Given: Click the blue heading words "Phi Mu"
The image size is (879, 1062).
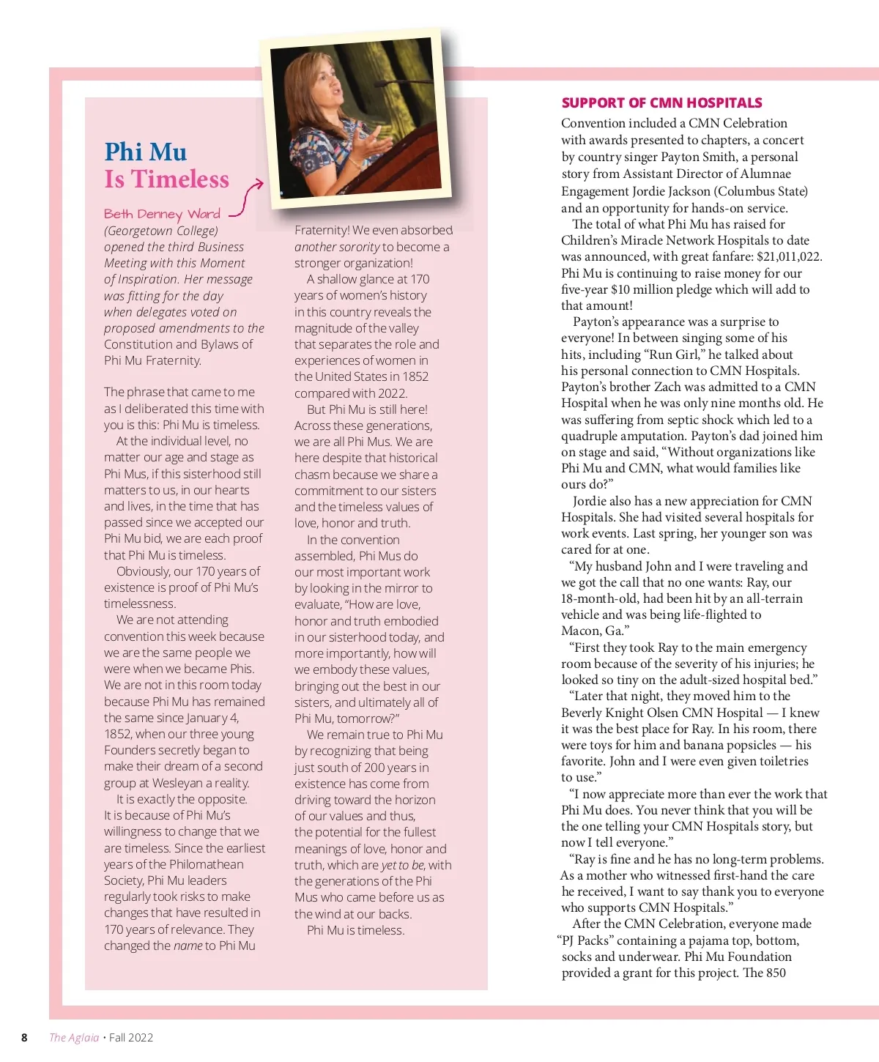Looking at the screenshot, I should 145,152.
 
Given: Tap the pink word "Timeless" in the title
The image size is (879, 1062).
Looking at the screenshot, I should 180,179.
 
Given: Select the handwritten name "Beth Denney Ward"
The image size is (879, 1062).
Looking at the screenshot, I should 162,214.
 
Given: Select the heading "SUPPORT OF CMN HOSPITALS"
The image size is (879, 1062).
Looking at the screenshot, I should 661,103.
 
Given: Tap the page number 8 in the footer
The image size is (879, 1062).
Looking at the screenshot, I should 24,1037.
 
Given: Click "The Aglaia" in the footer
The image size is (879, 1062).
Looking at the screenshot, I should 74,1037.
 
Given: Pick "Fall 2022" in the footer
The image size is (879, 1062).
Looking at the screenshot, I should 131,1037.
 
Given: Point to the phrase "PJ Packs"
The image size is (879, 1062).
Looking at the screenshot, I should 584,940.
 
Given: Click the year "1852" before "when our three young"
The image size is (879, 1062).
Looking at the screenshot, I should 117,734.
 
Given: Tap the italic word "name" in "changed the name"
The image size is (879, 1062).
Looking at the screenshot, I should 188,946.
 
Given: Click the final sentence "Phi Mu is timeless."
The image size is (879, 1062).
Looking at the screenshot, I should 355,930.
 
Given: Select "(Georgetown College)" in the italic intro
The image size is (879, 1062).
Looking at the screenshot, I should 161,231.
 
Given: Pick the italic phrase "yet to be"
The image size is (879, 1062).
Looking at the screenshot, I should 403,865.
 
